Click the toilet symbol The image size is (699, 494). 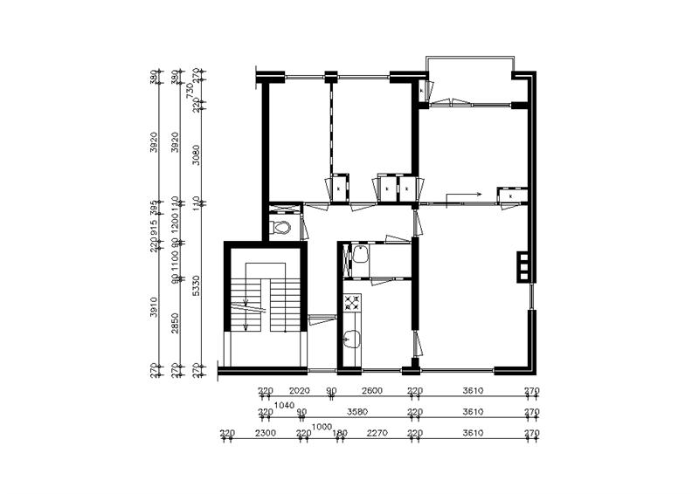[x=280, y=227]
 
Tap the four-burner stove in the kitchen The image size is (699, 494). [x=353, y=304]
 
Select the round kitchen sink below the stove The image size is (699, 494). [x=353, y=340]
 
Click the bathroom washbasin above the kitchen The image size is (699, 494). [x=357, y=257]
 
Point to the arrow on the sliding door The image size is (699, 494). [x=463, y=196]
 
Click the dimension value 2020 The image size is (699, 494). [x=299, y=392]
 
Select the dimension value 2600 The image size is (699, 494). [x=370, y=392]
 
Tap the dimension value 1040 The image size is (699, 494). [x=284, y=405]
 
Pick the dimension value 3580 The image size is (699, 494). [x=356, y=412]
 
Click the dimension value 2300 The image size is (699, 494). [x=266, y=433]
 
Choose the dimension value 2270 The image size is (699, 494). [x=377, y=433]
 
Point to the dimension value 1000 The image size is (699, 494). [x=322, y=426]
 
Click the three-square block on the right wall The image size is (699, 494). [x=523, y=266]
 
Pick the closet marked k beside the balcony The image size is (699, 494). [x=421, y=91]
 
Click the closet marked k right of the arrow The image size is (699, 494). [x=509, y=196]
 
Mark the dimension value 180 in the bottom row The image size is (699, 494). [x=340, y=433]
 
